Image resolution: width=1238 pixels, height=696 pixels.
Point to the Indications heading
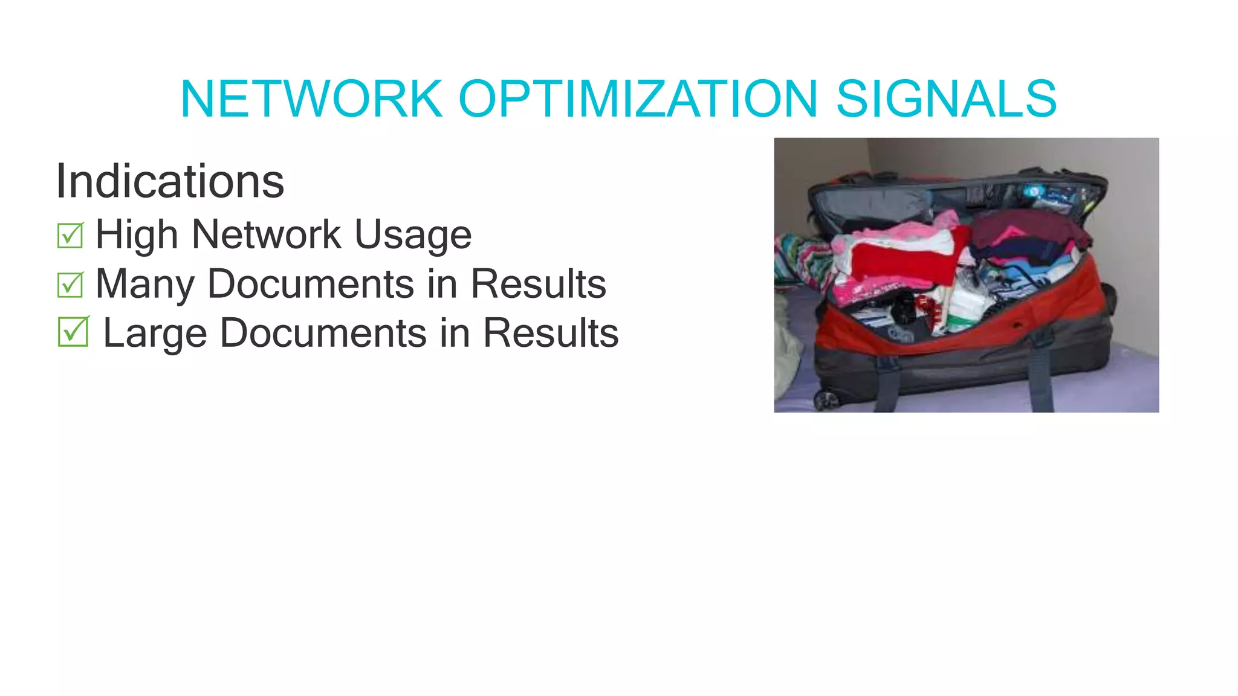tap(170, 181)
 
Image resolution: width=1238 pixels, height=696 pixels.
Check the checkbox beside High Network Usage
tap(70, 236)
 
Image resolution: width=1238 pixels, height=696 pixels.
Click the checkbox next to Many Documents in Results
tap(70, 285)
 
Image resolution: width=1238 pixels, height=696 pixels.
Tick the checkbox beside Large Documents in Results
tap(73, 332)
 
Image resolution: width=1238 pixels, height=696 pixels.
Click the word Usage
tap(413, 235)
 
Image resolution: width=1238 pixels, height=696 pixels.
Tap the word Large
tap(155, 333)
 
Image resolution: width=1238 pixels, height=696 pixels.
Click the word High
tap(137, 235)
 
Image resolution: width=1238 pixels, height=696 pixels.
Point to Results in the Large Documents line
tap(551, 333)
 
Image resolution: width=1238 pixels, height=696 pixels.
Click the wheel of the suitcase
tap(825, 399)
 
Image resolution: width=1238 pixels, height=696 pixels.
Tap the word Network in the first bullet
tap(266, 235)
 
